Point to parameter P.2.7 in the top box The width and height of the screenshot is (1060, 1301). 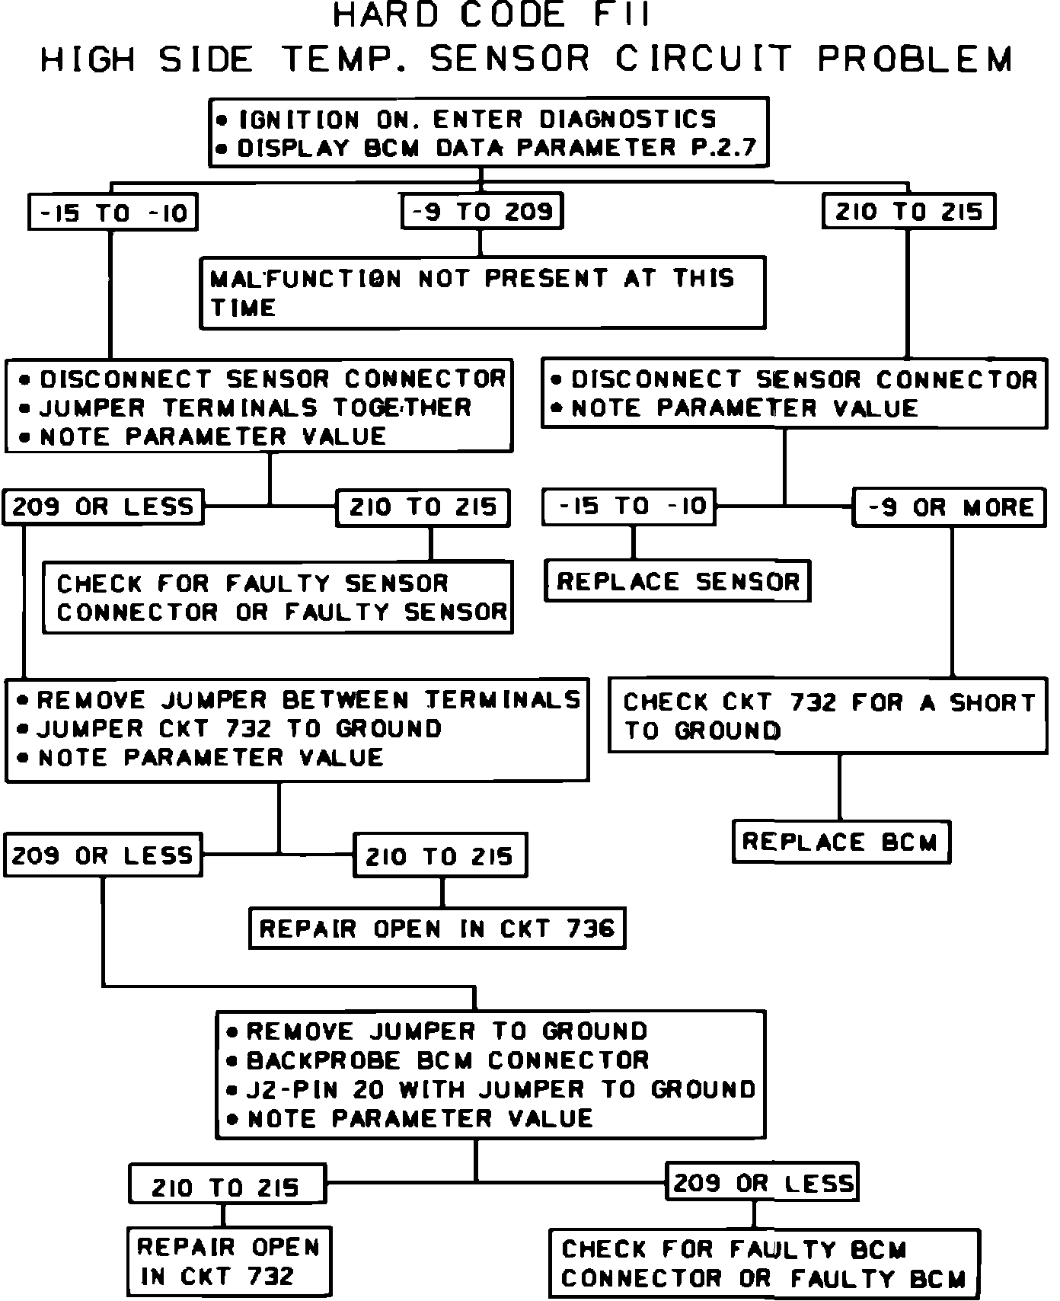point(723,148)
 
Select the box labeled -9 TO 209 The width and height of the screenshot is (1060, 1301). point(482,212)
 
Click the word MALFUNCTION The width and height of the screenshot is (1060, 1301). point(305,279)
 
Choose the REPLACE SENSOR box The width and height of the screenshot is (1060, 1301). point(678,582)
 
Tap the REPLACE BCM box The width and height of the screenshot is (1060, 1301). point(841,842)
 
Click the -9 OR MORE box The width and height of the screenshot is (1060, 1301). point(950,507)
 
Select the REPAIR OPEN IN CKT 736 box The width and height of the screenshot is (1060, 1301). point(437,929)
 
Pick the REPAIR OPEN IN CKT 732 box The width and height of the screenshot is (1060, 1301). point(228,1261)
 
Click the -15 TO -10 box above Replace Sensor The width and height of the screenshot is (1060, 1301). point(629,507)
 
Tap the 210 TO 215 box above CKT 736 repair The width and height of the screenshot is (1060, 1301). point(439,856)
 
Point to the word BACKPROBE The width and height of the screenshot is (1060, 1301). point(324,1060)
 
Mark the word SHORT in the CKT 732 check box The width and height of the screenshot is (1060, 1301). point(992,702)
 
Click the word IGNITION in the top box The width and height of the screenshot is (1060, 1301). point(299,120)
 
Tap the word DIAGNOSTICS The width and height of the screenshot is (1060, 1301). point(628,120)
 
